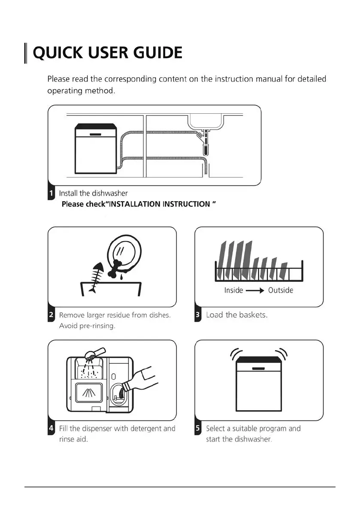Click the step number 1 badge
(x=51, y=193)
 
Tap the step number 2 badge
(x=51, y=315)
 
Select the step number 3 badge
(x=198, y=315)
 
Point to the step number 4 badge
(x=51, y=428)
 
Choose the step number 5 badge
(x=198, y=428)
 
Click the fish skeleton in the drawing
(x=95, y=277)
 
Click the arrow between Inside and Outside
(x=255, y=290)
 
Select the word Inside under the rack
(x=233, y=290)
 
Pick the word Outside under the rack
(x=281, y=290)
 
